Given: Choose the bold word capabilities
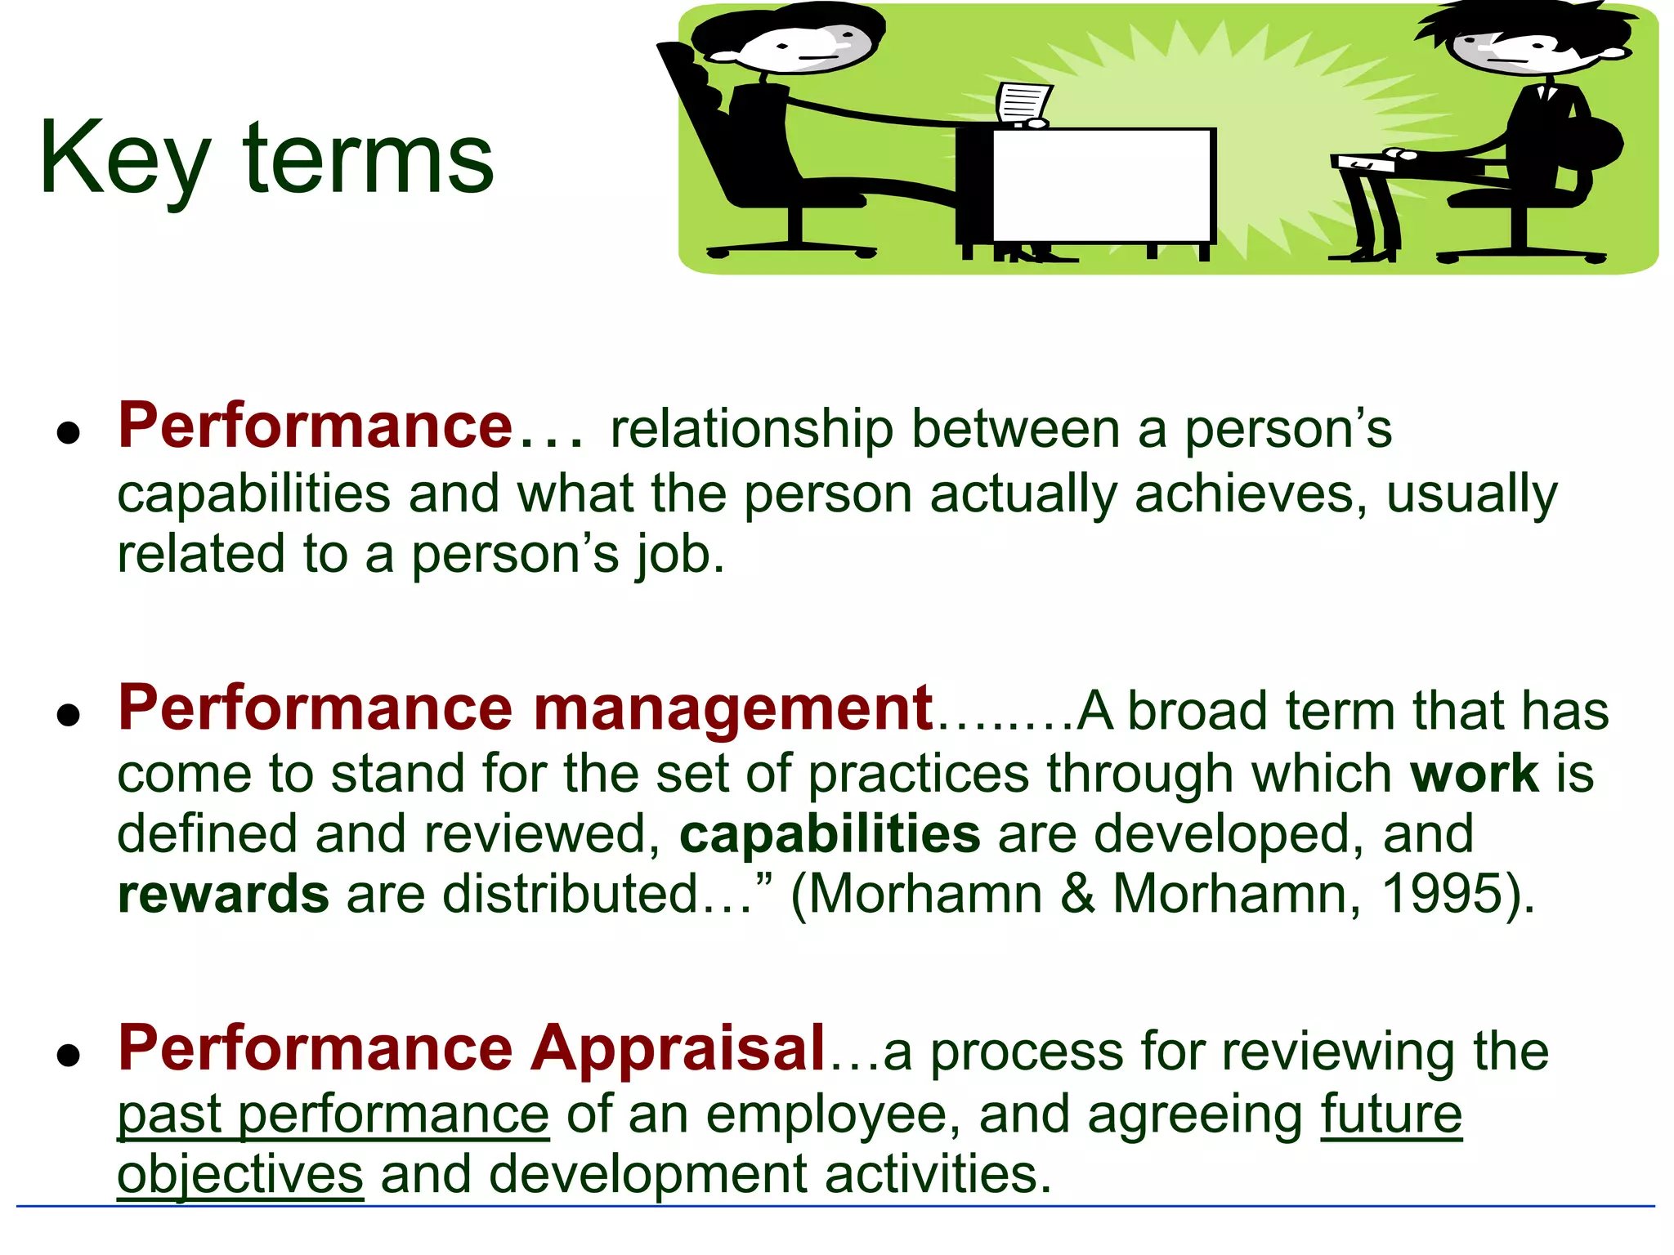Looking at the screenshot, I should coord(830,834).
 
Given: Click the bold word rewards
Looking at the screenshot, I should coord(223,894).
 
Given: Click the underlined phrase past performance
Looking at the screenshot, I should coord(333,1114).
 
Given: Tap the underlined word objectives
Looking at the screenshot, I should coord(240,1175).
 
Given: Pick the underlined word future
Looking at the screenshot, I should coord(1391,1114).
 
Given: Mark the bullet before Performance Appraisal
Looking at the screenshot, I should coord(69,1055).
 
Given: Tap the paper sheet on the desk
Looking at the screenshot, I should coord(1023,103).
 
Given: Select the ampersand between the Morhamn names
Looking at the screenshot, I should coord(1078,894).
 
